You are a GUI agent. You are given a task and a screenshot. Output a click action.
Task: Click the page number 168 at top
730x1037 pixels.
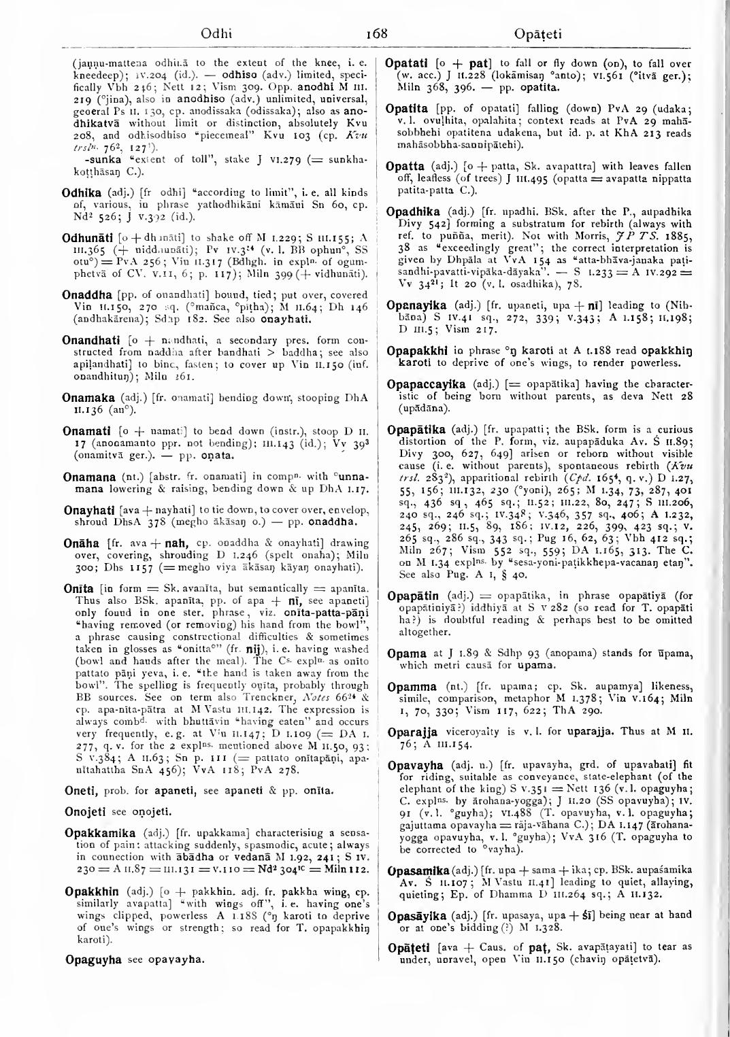[376, 32]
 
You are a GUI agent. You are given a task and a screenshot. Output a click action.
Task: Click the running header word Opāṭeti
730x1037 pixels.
[542, 32]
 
